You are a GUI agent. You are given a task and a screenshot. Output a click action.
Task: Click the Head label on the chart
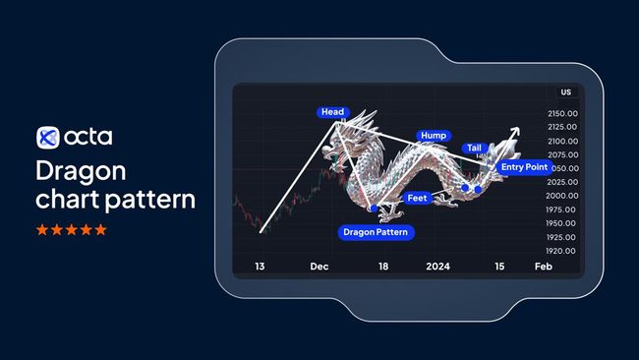[332, 112]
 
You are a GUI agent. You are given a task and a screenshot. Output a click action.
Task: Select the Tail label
[474, 149]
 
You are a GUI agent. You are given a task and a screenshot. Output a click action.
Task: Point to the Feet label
[417, 198]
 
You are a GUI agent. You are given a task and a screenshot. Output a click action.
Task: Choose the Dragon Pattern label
[376, 233]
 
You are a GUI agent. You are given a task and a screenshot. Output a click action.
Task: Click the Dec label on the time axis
[319, 267]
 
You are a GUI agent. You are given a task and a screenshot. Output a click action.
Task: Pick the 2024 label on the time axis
[438, 267]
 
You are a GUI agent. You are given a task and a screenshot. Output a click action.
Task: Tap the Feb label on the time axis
[543, 267]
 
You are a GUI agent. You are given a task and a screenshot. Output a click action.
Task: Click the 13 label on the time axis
[260, 267]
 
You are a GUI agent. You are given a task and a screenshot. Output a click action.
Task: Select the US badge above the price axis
[565, 92]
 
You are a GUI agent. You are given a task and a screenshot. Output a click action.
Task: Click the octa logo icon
[48, 137]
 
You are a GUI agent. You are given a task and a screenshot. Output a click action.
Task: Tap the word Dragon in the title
[81, 171]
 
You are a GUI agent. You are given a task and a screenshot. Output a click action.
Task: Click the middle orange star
[71, 230]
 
